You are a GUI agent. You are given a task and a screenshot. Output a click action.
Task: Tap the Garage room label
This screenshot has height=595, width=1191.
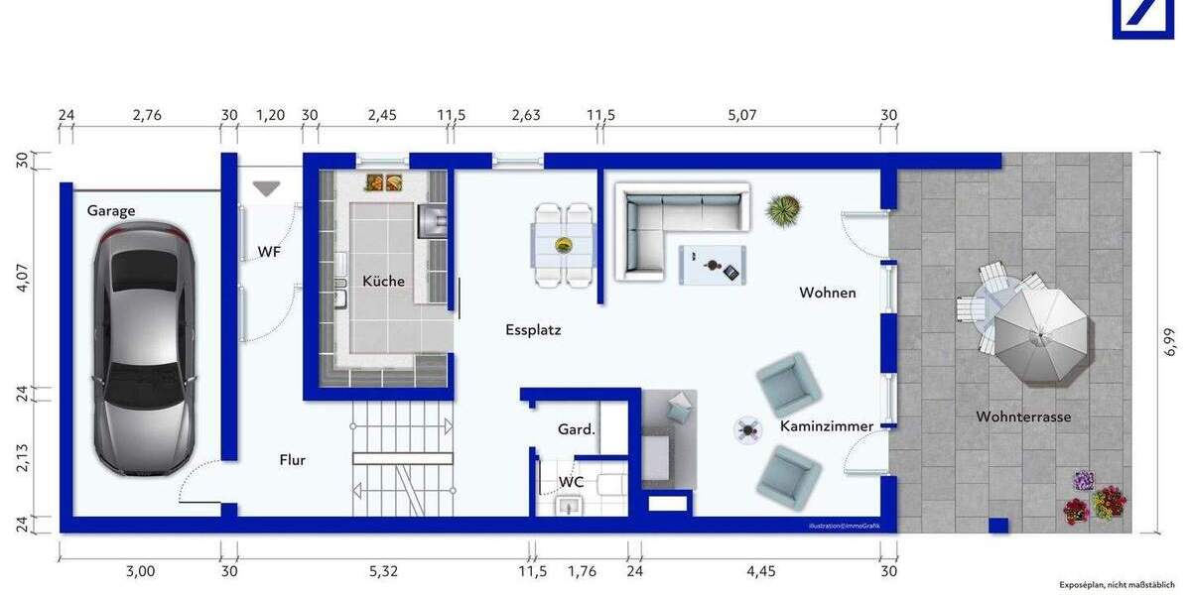click(x=110, y=210)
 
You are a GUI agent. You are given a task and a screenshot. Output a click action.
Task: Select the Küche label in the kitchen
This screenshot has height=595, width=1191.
click(x=383, y=281)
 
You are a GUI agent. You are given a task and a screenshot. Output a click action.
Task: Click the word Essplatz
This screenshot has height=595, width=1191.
click(x=533, y=329)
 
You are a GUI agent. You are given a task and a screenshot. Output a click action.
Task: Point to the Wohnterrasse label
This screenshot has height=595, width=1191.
click(x=1022, y=416)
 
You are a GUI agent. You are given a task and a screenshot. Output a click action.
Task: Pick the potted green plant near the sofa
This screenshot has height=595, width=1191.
click(x=783, y=209)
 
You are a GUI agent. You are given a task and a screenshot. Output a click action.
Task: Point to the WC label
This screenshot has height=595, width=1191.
click(x=571, y=481)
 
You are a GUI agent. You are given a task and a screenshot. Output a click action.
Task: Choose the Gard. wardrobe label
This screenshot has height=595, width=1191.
click(x=576, y=429)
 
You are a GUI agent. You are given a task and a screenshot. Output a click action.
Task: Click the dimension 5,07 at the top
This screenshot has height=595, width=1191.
click(x=741, y=115)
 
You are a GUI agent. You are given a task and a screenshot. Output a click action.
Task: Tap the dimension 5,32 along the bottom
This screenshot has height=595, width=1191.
click(x=385, y=570)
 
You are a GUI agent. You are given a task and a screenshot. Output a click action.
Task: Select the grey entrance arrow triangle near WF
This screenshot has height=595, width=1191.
click(x=266, y=188)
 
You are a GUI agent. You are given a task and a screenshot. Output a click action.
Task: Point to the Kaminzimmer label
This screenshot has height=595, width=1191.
click(x=826, y=426)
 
